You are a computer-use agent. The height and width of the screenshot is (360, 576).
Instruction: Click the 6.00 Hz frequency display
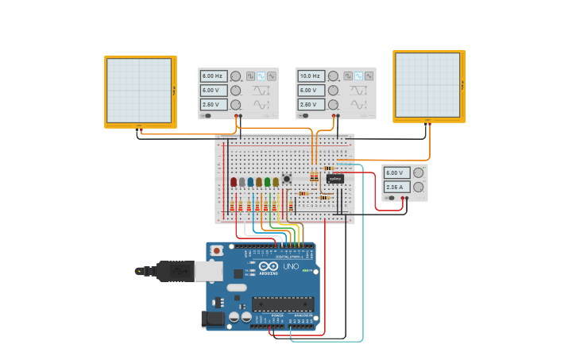pos(213,76)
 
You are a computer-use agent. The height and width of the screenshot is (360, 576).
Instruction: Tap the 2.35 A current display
pos(396,187)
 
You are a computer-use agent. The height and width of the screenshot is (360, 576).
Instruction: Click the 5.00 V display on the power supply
pos(396,172)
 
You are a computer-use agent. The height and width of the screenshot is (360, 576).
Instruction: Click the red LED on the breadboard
pos(234,182)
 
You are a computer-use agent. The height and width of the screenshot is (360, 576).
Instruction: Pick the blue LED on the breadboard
pos(250,182)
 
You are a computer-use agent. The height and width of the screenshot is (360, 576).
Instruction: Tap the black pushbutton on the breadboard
pos(287,179)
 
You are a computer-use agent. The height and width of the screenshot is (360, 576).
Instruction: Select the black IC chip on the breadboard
pos(334,179)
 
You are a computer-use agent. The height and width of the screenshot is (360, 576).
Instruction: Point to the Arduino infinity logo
pos(269,266)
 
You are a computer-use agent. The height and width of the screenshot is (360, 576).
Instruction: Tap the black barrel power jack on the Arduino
pos(213,319)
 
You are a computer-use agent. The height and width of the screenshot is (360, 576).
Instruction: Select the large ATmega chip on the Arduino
pos(283,304)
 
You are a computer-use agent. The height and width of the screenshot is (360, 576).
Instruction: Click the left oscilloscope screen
pos(139,91)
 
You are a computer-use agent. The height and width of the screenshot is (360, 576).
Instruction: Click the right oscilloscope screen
pos(427,85)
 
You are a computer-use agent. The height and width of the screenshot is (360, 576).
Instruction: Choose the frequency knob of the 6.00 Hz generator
pos(235,76)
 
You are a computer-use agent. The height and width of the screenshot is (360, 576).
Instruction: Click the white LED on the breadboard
pos(242,182)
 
